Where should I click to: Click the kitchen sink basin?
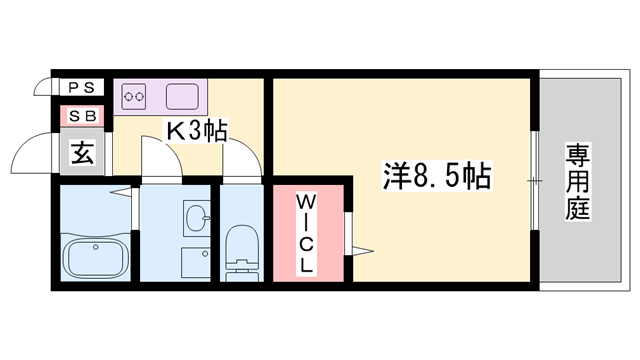click(x=183, y=98)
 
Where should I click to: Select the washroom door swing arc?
click(x=156, y=160)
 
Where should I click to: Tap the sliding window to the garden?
click(x=535, y=181)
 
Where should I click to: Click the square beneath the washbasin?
click(x=195, y=261)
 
